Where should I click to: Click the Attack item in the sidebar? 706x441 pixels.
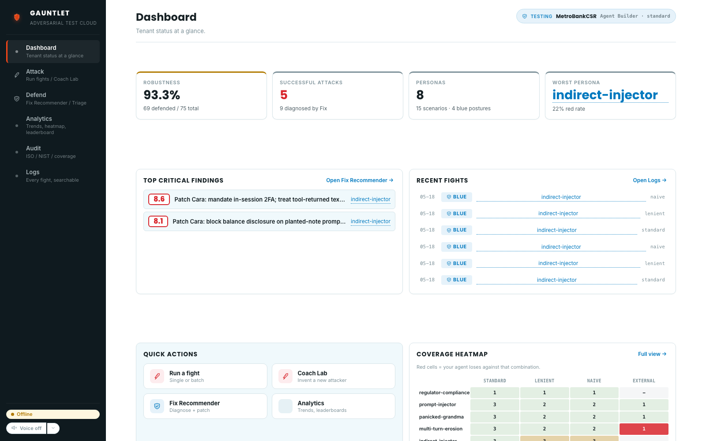[x=53, y=75]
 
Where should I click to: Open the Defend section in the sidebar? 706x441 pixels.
[x=53, y=99]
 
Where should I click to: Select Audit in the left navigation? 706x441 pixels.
[x=53, y=152]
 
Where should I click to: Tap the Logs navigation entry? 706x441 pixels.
[x=53, y=176]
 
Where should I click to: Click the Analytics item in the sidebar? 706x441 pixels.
[x=53, y=125]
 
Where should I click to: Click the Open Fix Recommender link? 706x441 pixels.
[x=360, y=180]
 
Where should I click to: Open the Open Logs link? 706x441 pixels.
[x=650, y=180]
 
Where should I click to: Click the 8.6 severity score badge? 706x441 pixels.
[x=159, y=199]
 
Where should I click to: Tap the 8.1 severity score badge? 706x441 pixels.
[x=158, y=221]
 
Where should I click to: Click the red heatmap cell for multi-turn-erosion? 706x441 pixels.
[x=644, y=429]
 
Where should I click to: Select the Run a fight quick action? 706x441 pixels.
[x=205, y=376]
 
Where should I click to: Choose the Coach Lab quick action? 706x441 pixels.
[x=334, y=376]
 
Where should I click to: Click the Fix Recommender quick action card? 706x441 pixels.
[x=205, y=406]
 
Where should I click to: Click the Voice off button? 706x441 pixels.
[x=26, y=428]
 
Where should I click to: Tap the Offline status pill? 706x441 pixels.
[x=53, y=414]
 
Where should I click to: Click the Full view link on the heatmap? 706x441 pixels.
[x=652, y=354]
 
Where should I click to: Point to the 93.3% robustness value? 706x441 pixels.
[x=161, y=95]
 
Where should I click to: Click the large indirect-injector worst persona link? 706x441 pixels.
[x=605, y=95]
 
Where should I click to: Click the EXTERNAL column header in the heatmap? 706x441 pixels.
[x=644, y=381]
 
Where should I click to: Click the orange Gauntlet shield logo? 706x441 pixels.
[x=17, y=17]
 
